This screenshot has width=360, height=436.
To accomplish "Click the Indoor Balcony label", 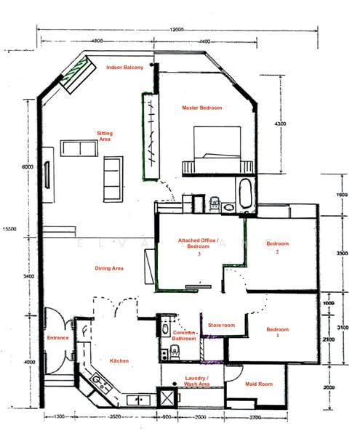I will pyautogui.click(x=124, y=68).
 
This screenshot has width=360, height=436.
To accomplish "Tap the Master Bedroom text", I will pyautogui.click(x=201, y=108).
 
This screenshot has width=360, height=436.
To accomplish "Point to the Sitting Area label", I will pyautogui.click(x=105, y=136).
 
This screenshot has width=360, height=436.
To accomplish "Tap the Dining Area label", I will pyautogui.click(x=109, y=268).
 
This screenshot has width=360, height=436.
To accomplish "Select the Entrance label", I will pyautogui.click(x=57, y=338).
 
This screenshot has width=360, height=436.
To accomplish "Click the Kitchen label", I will pyautogui.click(x=119, y=361).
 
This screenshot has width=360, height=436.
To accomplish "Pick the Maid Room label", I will pyautogui.click(x=258, y=384).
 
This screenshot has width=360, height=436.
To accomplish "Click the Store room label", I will pyautogui.click(x=221, y=325).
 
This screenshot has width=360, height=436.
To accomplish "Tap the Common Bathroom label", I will pyautogui.click(x=184, y=335).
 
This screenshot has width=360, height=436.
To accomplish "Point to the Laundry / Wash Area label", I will pyautogui.click(x=197, y=381).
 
